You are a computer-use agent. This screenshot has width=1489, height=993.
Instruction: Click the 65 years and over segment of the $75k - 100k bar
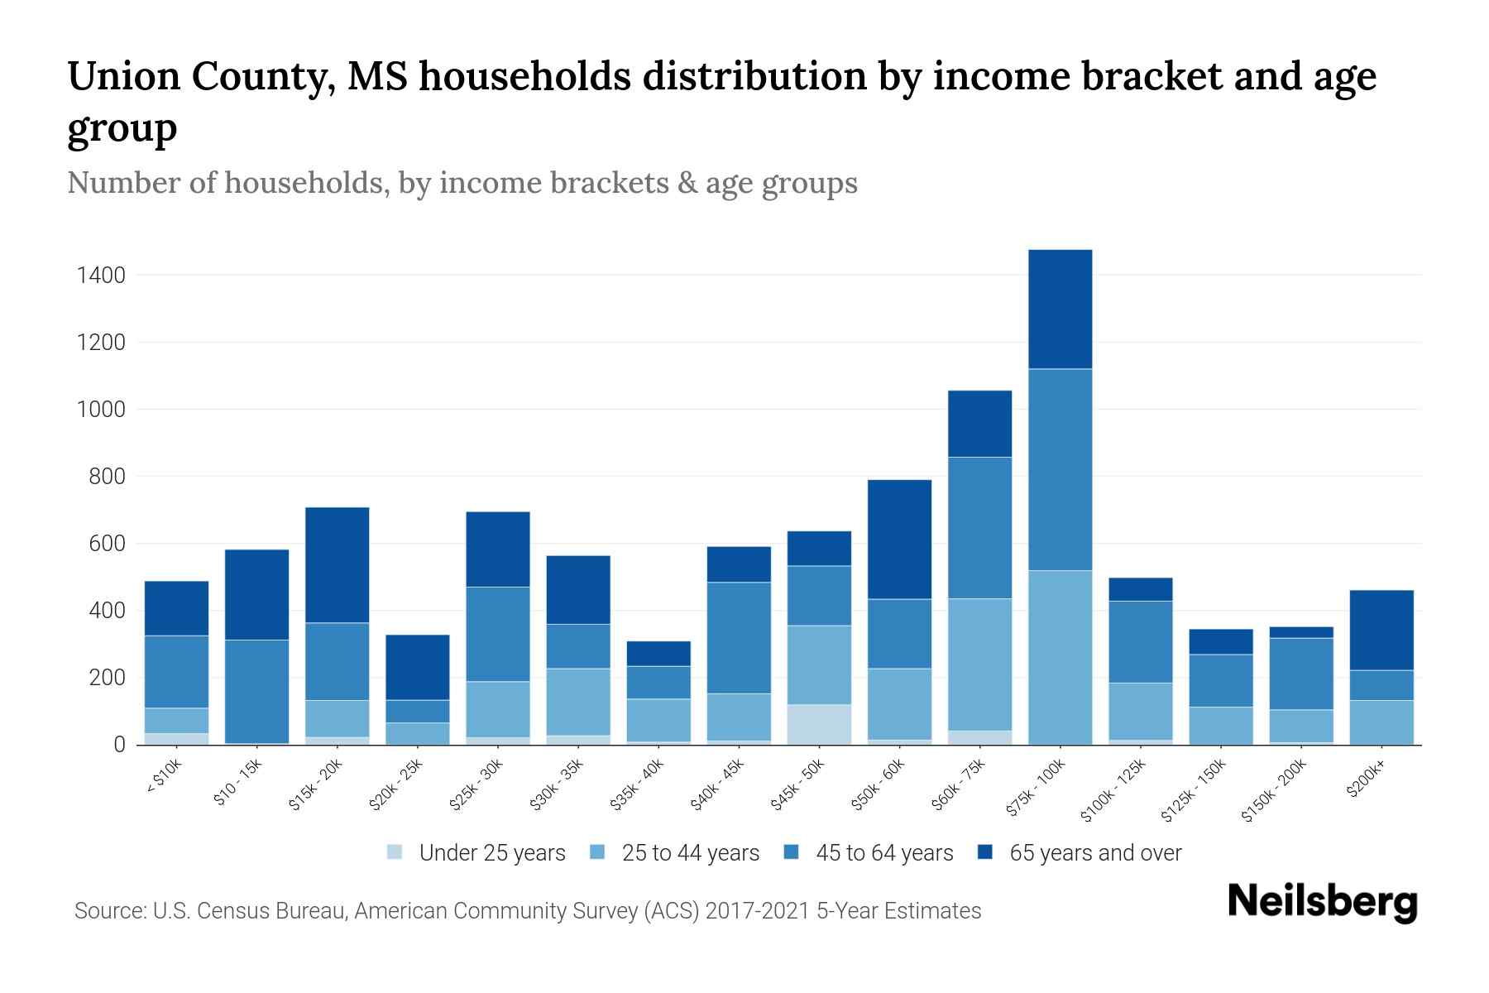click(x=1060, y=309)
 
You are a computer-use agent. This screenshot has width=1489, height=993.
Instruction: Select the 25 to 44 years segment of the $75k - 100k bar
click(x=1060, y=657)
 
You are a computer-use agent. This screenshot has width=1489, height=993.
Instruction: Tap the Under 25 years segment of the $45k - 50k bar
click(x=819, y=724)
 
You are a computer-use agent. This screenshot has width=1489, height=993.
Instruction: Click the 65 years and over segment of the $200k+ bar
click(x=1381, y=630)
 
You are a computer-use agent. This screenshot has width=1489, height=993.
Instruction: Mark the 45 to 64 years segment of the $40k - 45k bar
click(x=739, y=637)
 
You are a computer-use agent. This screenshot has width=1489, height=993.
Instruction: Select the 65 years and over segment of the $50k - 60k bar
click(x=899, y=539)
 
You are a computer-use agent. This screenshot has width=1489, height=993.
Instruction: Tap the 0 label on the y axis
click(x=120, y=745)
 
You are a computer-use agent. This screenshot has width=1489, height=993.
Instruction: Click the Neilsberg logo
click(x=1322, y=901)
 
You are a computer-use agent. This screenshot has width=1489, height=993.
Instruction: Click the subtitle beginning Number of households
click(x=462, y=183)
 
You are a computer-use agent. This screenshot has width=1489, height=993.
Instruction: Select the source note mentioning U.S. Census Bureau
click(x=527, y=911)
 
